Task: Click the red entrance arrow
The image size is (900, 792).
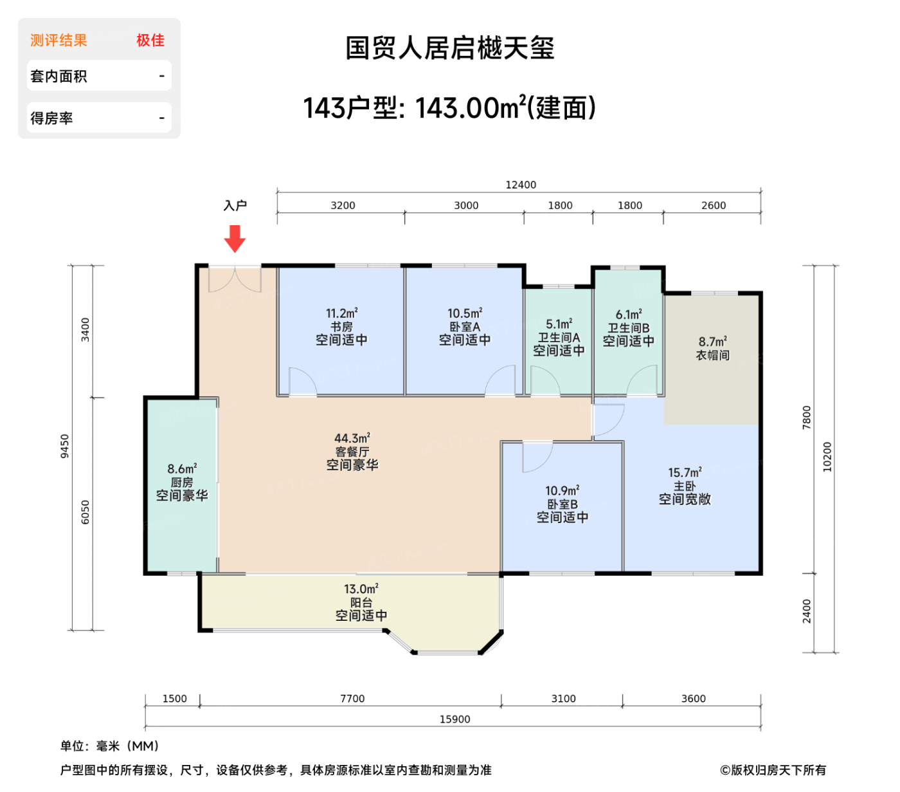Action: click(x=235, y=238)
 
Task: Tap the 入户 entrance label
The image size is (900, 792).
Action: click(x=235, y=205)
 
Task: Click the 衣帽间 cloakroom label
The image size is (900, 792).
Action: click(x=712, y=355)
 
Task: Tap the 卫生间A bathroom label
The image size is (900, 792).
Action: click(x=559, y=338)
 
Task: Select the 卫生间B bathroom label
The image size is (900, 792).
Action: click(x=628, y=327)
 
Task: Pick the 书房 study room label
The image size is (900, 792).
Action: click(x=341, y=327)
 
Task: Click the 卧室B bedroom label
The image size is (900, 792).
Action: click(x=562, y=504)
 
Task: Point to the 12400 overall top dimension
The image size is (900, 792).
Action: click(x=520, y=185)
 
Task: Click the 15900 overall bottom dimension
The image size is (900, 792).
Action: click(x=455, y=719)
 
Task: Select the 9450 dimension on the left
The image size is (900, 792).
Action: click(x=64, y=446)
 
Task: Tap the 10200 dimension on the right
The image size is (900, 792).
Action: click(x=827, y=457)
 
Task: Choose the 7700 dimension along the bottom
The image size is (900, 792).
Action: click(x=352, y=698)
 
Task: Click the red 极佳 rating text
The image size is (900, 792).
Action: click(x=150, y=41)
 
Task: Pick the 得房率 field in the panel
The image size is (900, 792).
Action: click(x=52, y=118)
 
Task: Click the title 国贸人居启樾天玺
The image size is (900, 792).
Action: click(x=450, y=48)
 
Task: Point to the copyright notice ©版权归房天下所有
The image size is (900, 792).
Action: click(x=773, y=769)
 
